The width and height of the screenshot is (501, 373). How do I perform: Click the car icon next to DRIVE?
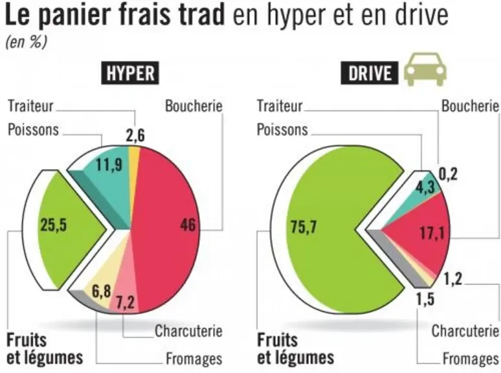(425, 69)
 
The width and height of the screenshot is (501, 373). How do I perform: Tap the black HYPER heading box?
(130, 73)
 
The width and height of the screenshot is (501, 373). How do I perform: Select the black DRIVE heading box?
(370, 73)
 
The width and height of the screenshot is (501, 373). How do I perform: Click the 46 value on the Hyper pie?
(188, 224)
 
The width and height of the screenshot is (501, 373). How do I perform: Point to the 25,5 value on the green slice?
(54, 225)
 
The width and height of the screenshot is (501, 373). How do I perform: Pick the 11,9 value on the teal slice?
(109, 165)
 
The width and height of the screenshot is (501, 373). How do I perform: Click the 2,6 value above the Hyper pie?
(135, 135)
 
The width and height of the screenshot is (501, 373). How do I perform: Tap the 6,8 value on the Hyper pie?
(101, 291)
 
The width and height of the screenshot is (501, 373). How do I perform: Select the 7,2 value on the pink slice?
(126, 302)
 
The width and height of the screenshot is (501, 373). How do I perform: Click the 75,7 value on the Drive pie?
(304, 227)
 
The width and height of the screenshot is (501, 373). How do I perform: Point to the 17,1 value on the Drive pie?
(432, 233)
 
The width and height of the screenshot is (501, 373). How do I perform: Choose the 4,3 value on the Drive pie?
(425, 187)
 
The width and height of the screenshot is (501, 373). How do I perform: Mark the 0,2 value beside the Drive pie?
(448, 174)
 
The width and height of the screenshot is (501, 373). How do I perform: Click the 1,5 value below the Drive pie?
(425, 299)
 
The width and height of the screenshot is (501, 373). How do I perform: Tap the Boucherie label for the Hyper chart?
(194, 106)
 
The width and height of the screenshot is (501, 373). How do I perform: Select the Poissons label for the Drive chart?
(282, 130)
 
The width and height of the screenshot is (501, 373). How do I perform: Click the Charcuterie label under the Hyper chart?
(188, 331)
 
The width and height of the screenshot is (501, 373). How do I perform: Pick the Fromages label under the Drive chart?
(471, 359)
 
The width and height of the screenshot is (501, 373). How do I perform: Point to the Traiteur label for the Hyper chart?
(30, 106)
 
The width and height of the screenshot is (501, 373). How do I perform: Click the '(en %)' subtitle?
(26, 42)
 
